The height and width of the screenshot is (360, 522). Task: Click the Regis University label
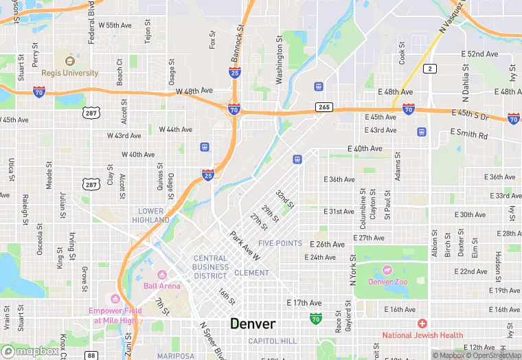coord(70,73)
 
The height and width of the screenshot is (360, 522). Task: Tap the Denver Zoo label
coord(391,282)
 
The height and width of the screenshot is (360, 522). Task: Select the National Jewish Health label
coord(423,335)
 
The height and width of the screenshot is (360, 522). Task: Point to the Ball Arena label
coord(162,286)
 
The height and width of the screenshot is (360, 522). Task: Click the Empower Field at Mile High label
coord(115,315)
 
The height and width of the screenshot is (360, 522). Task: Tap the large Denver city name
coord(253,324)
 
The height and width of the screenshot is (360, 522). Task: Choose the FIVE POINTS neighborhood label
coord(280,243)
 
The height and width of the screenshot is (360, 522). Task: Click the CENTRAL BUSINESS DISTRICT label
coord(210,267)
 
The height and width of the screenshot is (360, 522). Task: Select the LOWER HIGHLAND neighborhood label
coord(151,216)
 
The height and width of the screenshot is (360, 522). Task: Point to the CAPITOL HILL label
coord(272,341)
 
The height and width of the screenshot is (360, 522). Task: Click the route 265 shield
coord(324,107)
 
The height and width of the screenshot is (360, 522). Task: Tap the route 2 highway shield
coord(430,68)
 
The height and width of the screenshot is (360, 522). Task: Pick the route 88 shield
coord(91,355)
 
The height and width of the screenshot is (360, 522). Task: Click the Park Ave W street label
coord(245,246)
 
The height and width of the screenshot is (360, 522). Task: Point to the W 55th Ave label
coord(115,25)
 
